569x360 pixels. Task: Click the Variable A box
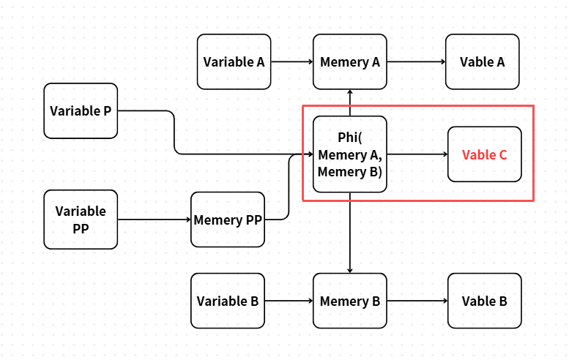[234, 61]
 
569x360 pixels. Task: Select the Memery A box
[350, 61]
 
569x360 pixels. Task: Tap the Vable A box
[483, 61]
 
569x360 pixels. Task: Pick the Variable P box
[81, 110]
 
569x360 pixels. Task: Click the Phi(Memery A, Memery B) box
[350, 154]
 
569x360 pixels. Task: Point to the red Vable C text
[485, 155]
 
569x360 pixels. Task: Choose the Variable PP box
[81, 220]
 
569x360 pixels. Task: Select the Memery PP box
[228, 220]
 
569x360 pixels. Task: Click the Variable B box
[228, 301]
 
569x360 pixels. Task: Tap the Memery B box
[350, 301]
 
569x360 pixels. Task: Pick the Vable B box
[485, 301]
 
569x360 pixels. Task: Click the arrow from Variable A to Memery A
[292, 61]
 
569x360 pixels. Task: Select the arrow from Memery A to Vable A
[416, 61]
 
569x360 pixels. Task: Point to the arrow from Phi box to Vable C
[417, 154]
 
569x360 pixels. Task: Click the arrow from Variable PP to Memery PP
[155, 220]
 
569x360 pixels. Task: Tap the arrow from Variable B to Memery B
[289, 301]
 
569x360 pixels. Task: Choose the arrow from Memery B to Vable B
[417, 301]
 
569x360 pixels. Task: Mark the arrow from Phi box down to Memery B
[350, 233]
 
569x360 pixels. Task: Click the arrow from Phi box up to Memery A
[350, 102]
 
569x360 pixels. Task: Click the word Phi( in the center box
[350, 138]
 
